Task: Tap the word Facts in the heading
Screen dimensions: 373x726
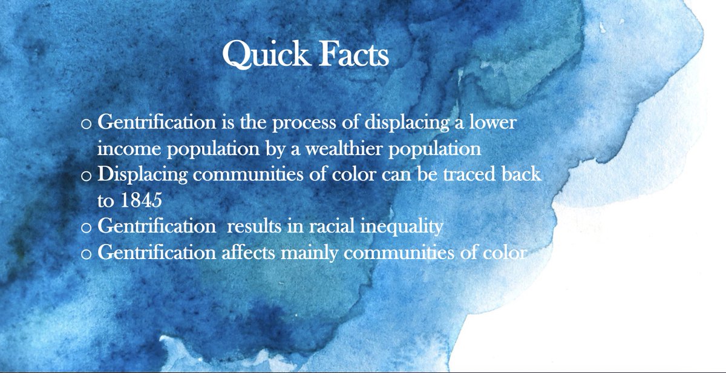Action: (x=353, y=56)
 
